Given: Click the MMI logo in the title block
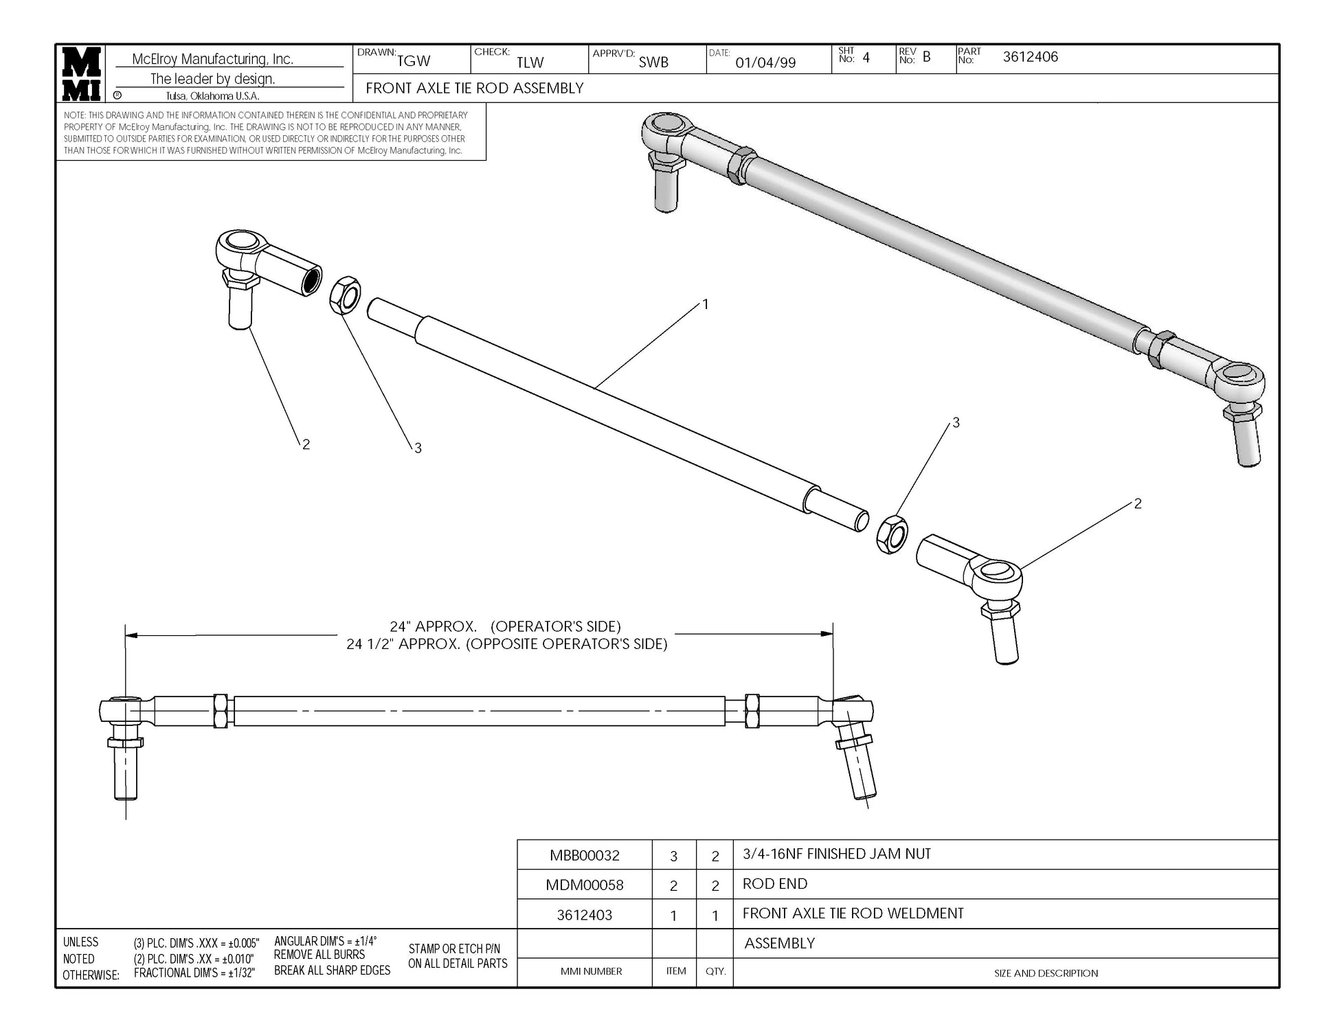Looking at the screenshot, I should click(x=82, y=73).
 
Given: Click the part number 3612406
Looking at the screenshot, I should click(x=1030, y=57).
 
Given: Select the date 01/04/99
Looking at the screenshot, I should click(x=765, y=63).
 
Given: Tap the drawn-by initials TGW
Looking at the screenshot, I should click(x=414, y=61).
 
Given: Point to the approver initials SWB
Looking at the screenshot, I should click(x=653, y=62).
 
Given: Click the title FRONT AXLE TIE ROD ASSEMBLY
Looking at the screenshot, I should click(x=474, y=88).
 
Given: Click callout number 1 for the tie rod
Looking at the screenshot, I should click(x=705, y=304).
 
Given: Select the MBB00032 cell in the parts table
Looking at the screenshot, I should click(x=584, y=855).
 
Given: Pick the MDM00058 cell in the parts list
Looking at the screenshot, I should click(x=584, y=885).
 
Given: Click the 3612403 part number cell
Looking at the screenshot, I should click(x=584, y=915).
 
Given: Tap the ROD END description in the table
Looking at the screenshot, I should click(x=774, y=884).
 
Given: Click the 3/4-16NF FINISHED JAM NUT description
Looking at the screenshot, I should click(x=836, y=854).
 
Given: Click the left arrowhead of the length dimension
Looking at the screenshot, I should click(x=131, y=635).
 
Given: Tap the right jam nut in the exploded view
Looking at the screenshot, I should click(x=892, y=534).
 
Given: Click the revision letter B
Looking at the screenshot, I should click(x=926, y=57).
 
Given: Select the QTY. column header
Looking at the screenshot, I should click(x=715, y=971).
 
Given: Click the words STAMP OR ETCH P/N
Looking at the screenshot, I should click(x=454, y=949).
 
